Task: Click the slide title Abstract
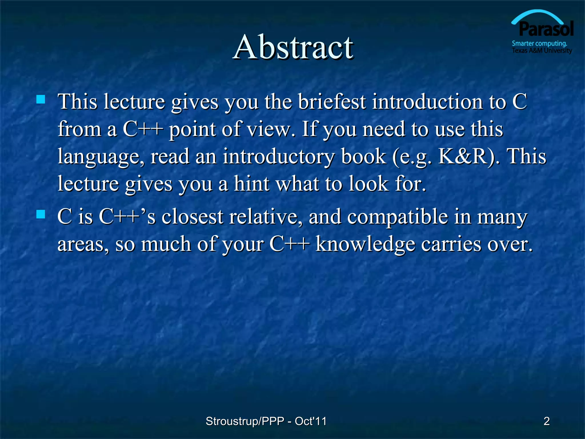coord(293,47)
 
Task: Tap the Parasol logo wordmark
coord(546,29)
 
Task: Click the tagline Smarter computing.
coord(539,43)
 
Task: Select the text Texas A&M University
coord(542,51)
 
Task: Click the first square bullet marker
coord(41,99)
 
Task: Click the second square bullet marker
coord(41,214)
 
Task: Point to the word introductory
coord(278,157)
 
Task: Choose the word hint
coord(251,183)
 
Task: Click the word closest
coord(192,217)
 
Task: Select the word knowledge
coord(365,244)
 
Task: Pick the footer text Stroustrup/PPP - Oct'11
coord(266,421)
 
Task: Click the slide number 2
coord(546,421)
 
